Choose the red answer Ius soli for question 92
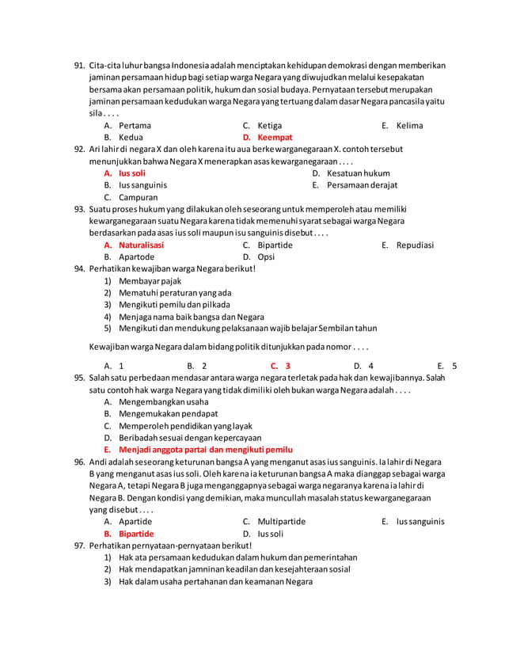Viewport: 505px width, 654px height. tap(131, 173)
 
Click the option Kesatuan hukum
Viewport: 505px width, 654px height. tap(358, 173)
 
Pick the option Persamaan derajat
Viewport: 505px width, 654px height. tap(362, 184)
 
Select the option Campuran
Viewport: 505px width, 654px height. tap(138, 197)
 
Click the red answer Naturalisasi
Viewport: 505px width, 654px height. tap(141, 245)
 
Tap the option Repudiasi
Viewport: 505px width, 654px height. tap(415, 245)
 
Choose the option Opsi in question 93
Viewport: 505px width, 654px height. tap(266, 257)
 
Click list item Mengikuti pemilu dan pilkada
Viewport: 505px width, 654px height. tap(174, 304)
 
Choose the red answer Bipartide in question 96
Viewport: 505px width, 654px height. tap(136, 534)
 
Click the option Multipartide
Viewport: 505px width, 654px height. tap(281, 522)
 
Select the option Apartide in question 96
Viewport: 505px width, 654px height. tap(136, 522)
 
